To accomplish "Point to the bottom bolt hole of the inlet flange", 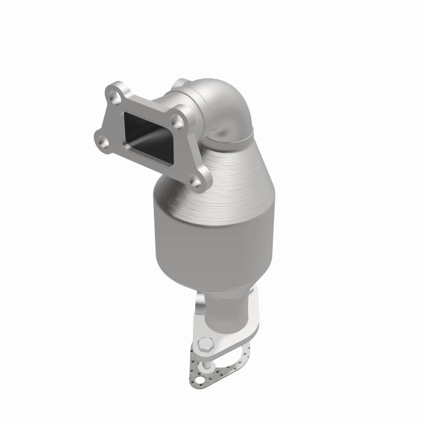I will pos(197,182).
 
